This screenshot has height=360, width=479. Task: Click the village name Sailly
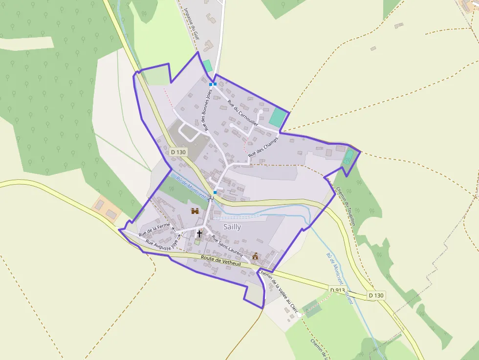tap(232, 227)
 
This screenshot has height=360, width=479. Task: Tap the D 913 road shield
tap(338, 290)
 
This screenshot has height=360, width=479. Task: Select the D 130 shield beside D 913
tap(376, 295)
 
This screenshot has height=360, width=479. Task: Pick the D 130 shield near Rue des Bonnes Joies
tap(179, 152)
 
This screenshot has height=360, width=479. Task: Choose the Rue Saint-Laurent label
tap(227, 246)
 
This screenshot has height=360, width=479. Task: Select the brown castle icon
tap(195, 211)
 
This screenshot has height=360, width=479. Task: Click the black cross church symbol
tap(199, 233)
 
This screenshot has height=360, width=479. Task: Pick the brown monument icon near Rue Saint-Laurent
tap(255, 255)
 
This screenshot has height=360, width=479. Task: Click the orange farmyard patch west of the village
tap(107, 209)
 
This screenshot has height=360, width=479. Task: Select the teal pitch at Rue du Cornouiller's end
tap(278, 118)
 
